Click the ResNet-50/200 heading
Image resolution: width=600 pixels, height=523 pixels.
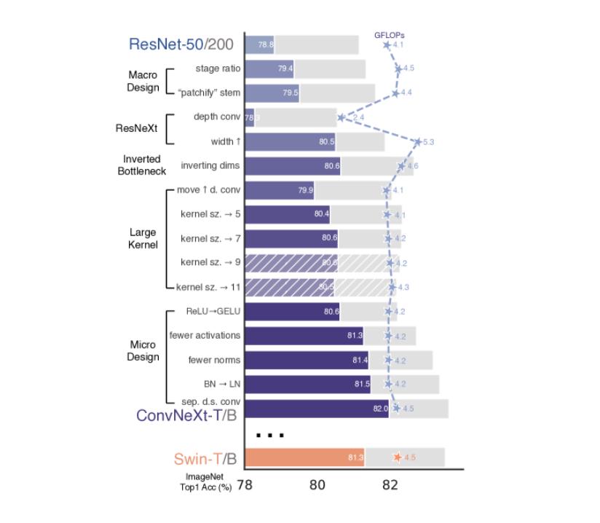181,44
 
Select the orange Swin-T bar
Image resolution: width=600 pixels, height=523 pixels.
304,457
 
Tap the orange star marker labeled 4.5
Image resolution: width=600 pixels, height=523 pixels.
397,457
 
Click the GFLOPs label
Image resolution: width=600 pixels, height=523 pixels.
389,34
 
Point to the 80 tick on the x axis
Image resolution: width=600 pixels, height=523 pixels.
317,484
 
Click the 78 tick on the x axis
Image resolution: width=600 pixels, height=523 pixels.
245,484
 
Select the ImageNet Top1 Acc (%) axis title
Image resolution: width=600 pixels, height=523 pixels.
205,483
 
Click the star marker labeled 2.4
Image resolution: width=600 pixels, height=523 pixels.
341,117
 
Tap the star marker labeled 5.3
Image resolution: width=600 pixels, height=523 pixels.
417,142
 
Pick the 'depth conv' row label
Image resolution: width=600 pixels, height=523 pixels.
217,117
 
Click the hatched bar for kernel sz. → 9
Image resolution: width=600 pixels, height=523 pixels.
291,263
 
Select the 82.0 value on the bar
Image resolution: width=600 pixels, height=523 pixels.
380,409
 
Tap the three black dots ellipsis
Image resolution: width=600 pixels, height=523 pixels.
269,436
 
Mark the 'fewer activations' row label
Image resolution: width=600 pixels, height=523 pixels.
205,335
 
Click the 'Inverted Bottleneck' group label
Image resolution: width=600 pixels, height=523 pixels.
141,165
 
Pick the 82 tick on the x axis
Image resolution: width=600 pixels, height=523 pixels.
390,484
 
